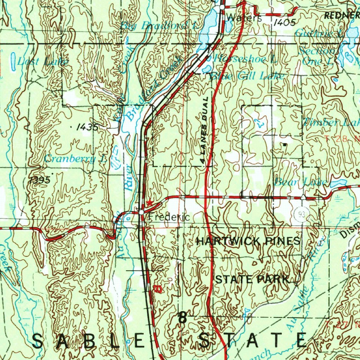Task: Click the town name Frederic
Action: pos(169,217)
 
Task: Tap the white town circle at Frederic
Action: pos(141,212)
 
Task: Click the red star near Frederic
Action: pos(150,202)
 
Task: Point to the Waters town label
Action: pos(244,18)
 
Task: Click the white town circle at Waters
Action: pos(222,7)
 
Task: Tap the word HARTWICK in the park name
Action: pos(228,241)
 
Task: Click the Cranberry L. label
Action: pos(75,159)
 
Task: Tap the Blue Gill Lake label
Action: pos(247,76)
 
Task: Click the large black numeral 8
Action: pos(182,317)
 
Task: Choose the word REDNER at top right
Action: pos(341,15)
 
